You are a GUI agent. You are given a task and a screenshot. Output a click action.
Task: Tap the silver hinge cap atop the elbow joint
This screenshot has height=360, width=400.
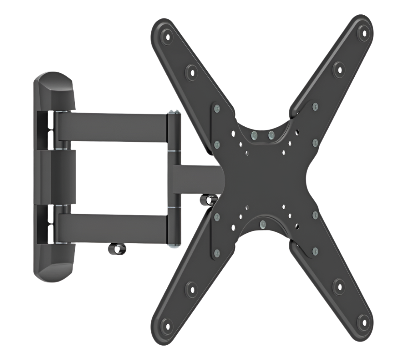click(173, 113)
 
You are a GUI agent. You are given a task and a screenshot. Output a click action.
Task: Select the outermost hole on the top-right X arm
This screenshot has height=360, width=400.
click(363, 31)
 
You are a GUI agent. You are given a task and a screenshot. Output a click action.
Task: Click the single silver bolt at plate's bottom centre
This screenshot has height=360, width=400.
click(262, 224)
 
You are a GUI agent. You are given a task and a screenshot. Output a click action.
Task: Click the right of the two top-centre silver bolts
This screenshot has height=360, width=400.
click(271, 134)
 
